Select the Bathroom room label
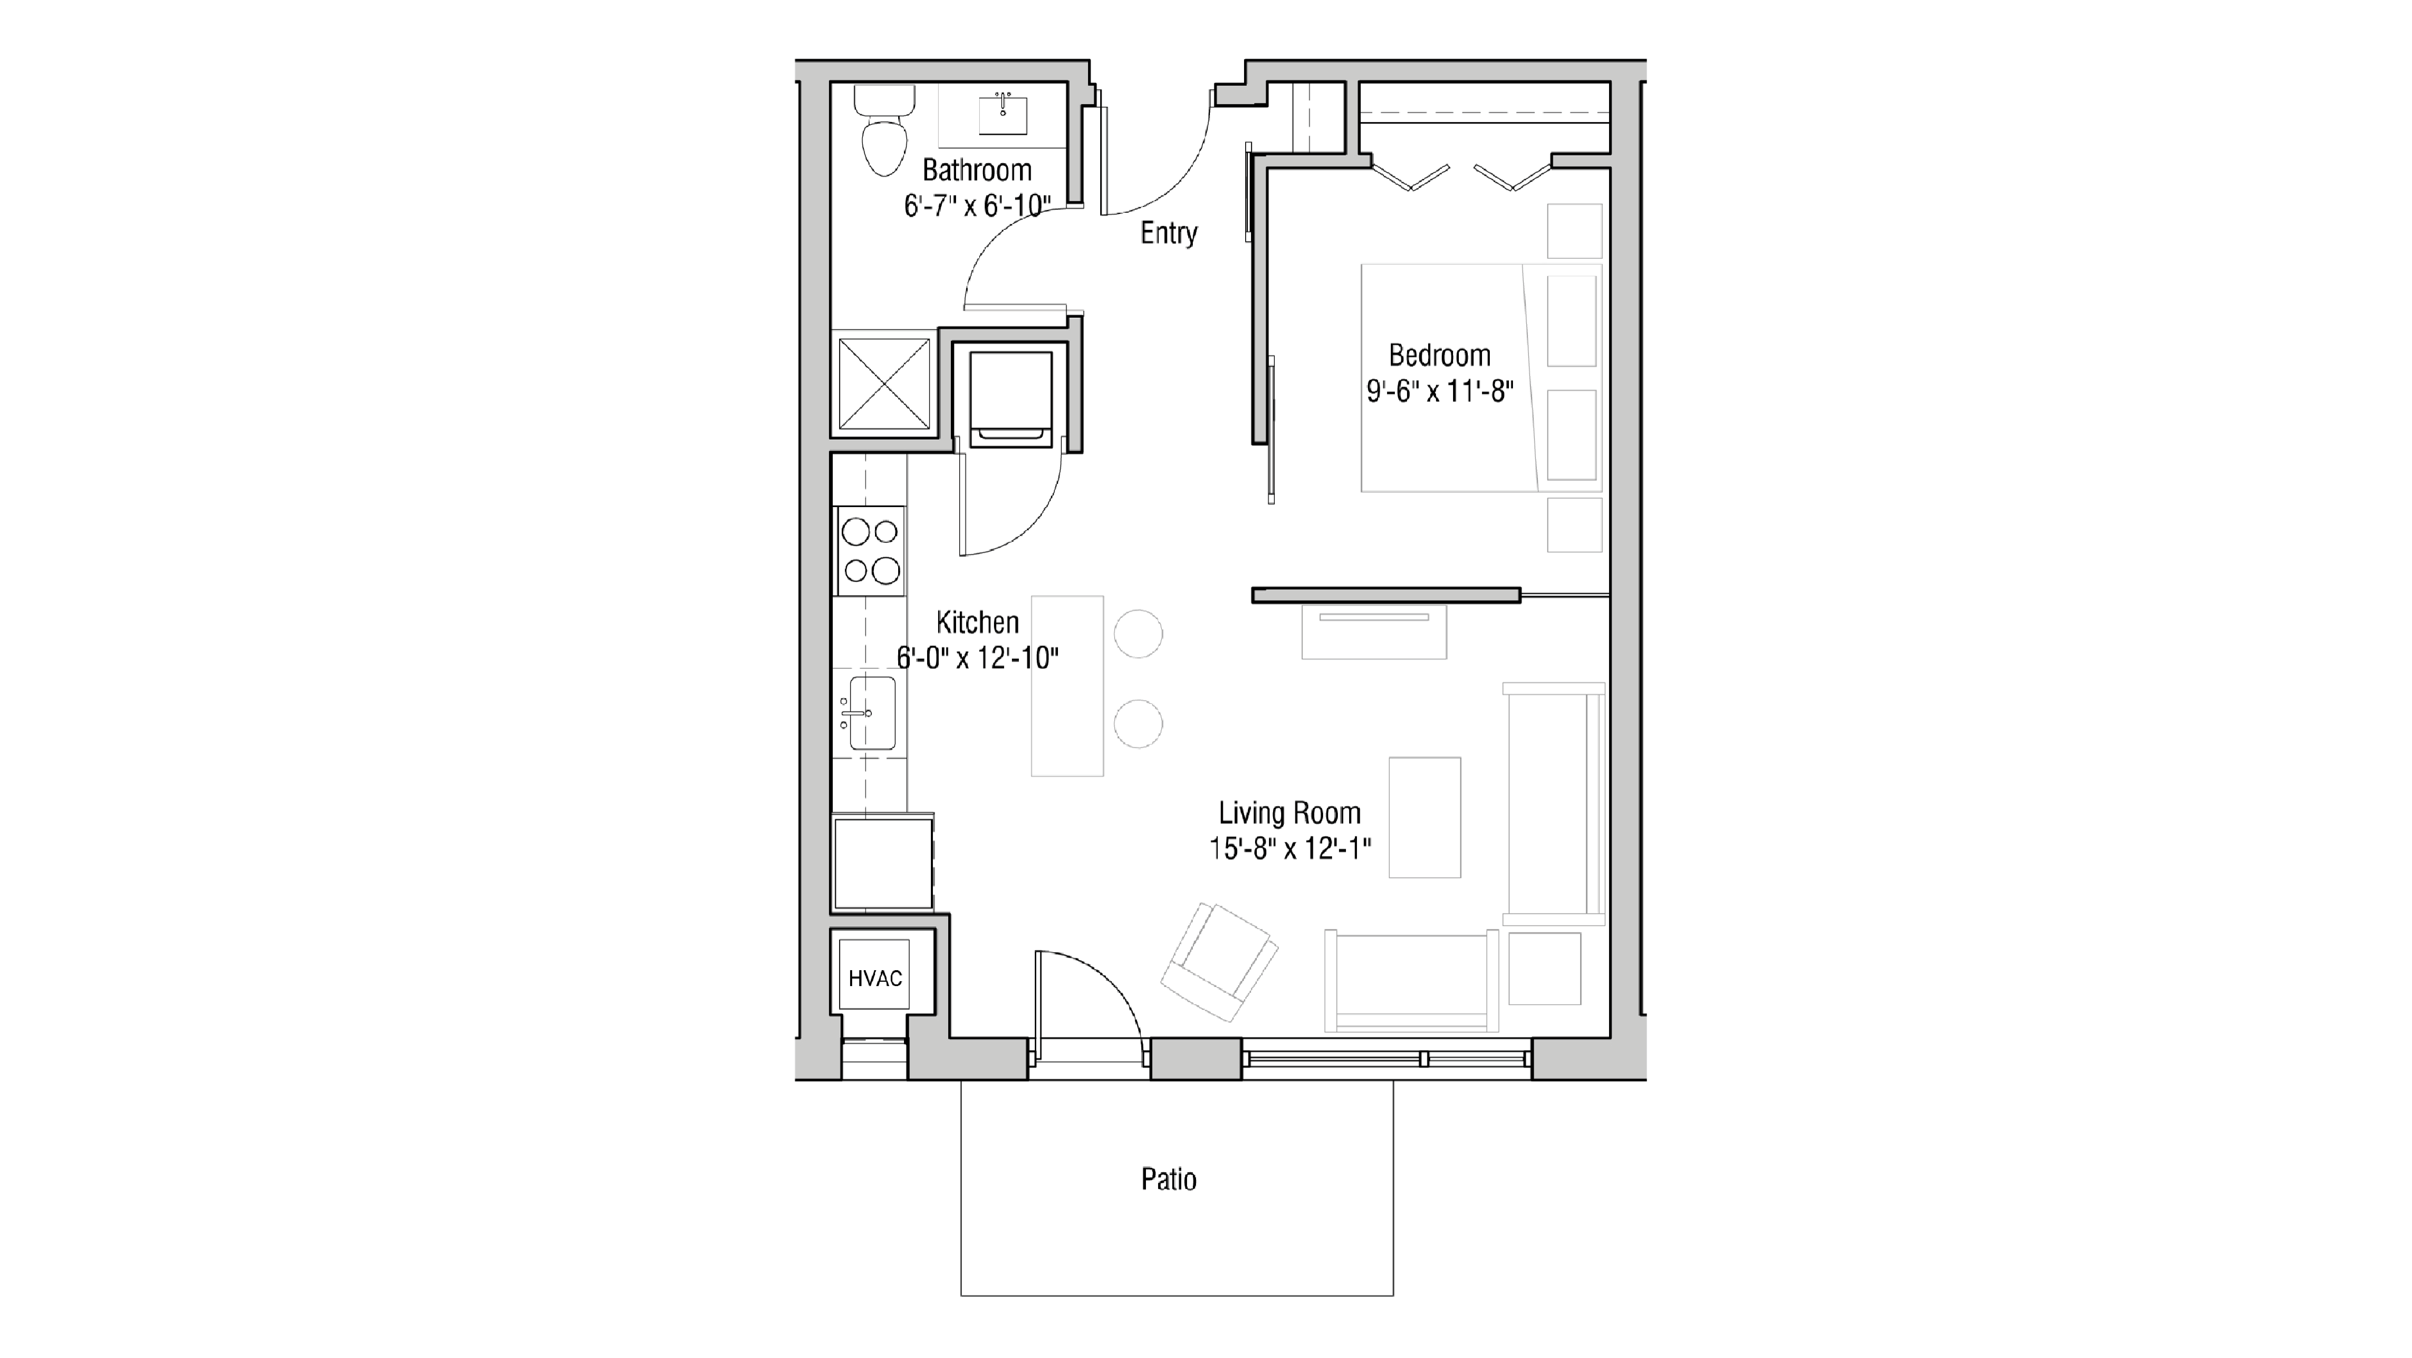pyautogui.click(x=977, y=170)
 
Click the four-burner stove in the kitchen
pyautogui.click(x=871, y=551)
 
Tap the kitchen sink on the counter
pyautogui.click(x=871, y=714)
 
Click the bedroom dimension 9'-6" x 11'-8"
pyautogui.click(x=1439, y=392)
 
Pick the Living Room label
pyautogui.click(x=1289, y=813)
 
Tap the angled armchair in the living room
pyautogui.click(x=1219, y=962)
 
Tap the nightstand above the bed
pyautogui.click(x=1574, y=230)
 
